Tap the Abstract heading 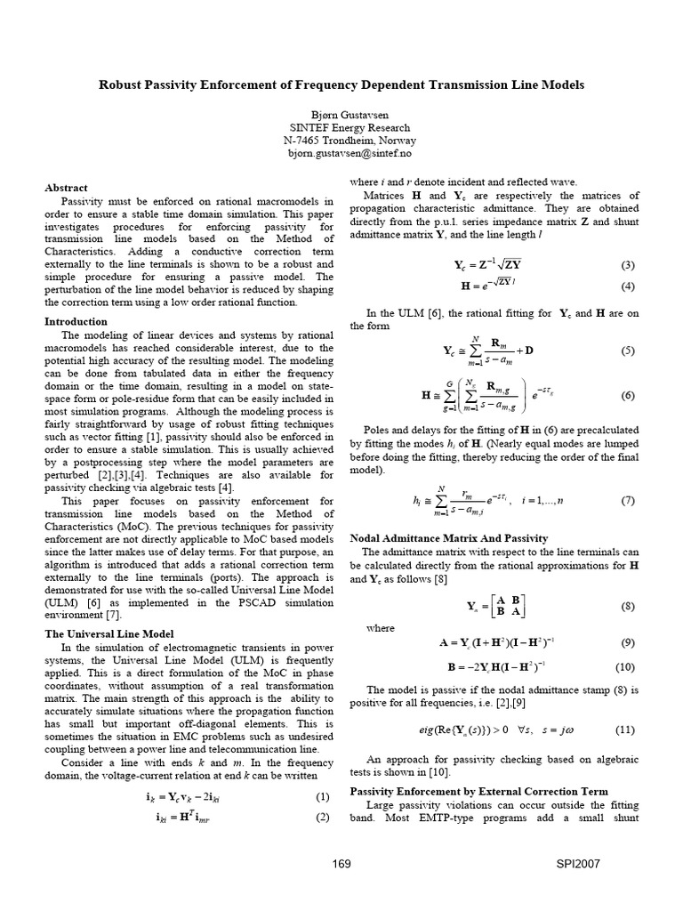click(x=66, y=188)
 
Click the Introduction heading click(x=76, y=321)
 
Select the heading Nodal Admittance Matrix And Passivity click(x=448, y=538)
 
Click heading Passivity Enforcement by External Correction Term click(x=479, y=791)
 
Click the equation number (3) click(x=627, y=265)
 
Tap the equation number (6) click(x=627, y=394)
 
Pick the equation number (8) click(x=627, y=606)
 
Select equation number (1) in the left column click(x=323, y=796)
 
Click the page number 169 click(x=341, y=863)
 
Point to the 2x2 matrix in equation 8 click(x=503, y=607)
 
